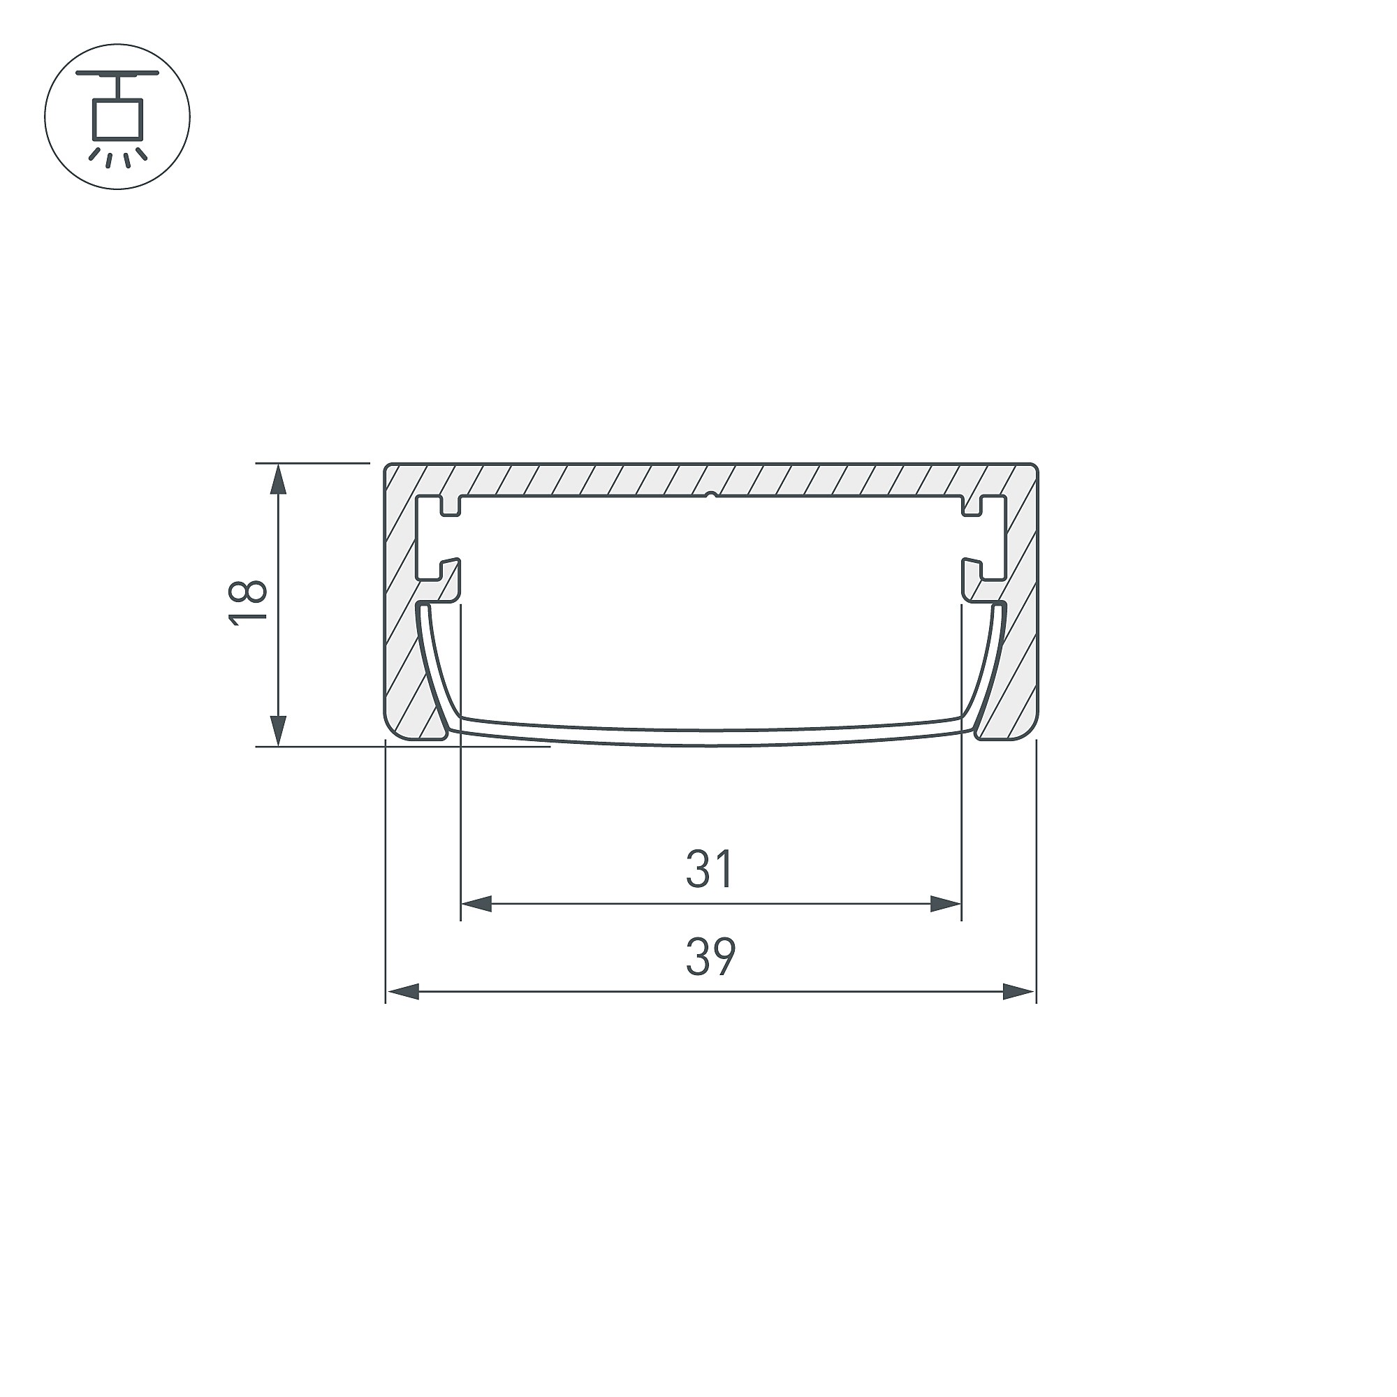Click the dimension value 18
[x=248, y=601]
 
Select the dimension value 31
[x=710, y=869]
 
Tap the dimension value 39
[x=711, y=957]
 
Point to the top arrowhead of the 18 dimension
[x=279, y=478]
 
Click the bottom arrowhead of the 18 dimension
[x=279, y=731]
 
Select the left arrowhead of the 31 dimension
[x=476, y=903]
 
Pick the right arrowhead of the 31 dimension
[x=945, y=903]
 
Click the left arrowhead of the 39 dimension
[x=403, y=991]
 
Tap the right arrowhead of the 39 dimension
[x=1019, y=991]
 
